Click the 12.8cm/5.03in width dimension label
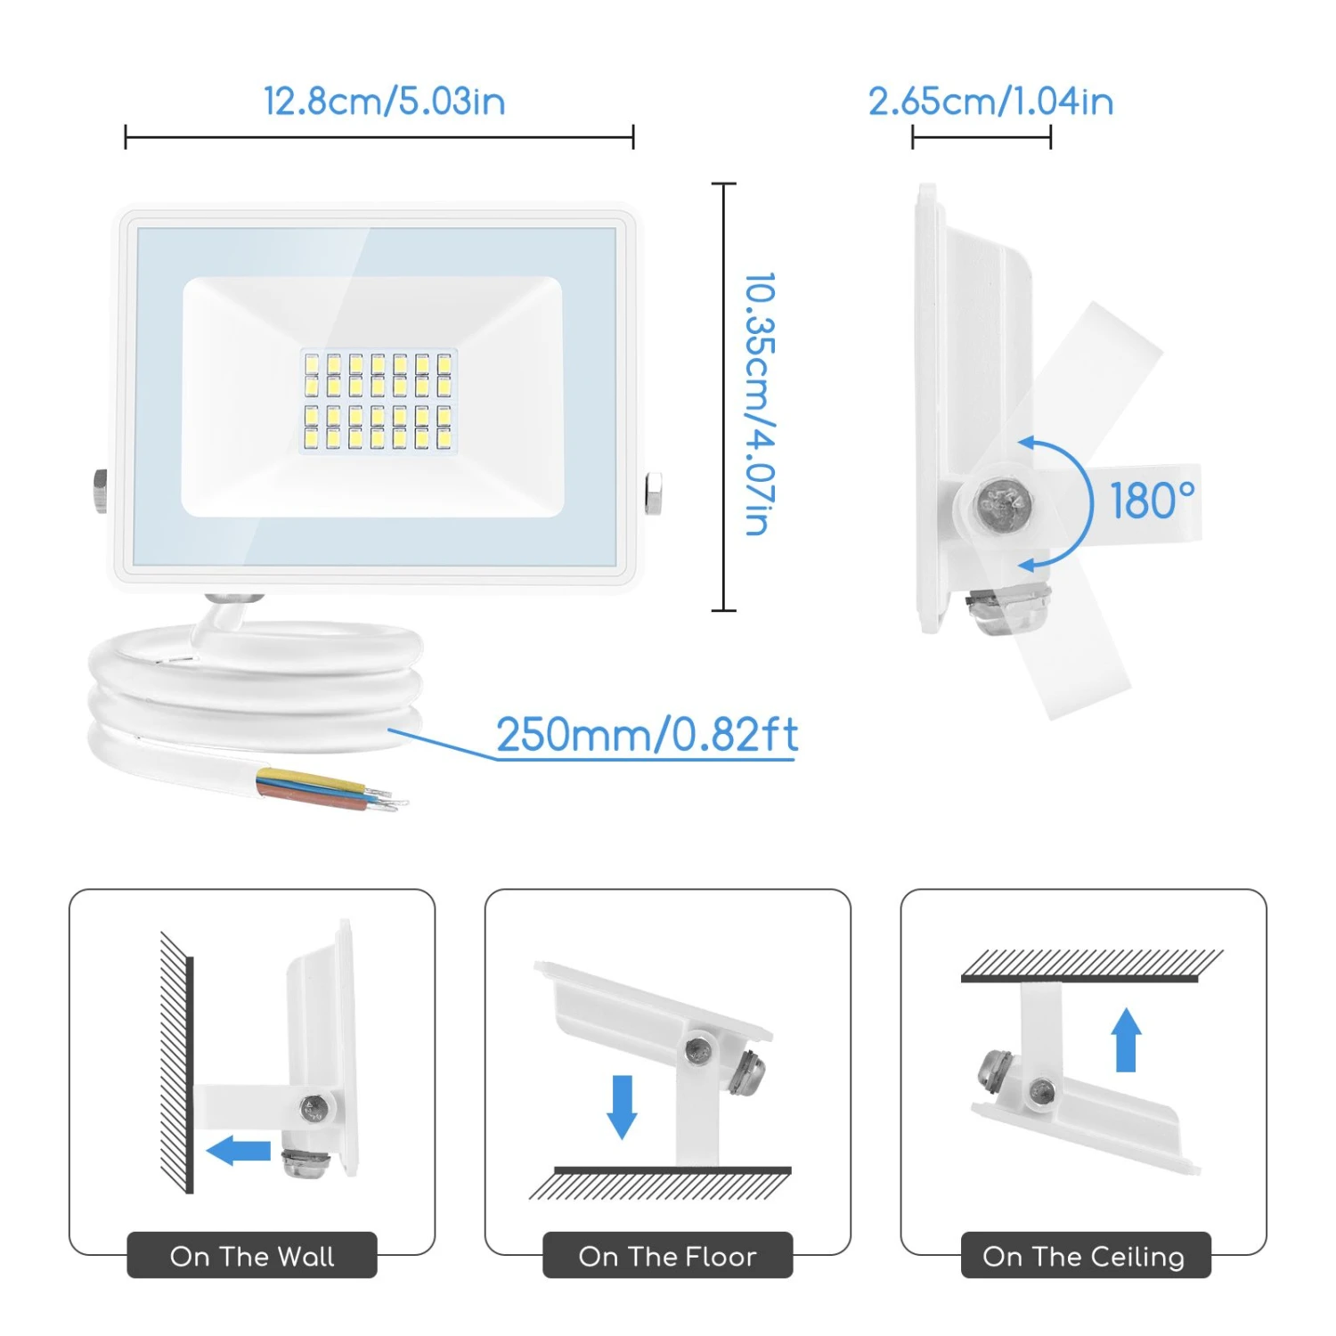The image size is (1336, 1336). [x=385, y=102]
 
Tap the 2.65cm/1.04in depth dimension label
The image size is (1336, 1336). [x=990, y=102]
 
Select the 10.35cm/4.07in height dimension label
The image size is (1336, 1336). [x=759, y=403]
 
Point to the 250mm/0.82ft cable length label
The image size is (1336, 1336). [x=647, y=735]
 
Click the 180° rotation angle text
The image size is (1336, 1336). [x=1153, y=501]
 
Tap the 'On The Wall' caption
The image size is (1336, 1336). [x=252, y=1256]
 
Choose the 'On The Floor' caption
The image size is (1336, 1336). [x=667, y=1256]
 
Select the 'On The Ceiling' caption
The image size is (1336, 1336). [x=1084, y=1256]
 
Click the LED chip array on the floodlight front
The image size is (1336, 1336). [x=378, y=400]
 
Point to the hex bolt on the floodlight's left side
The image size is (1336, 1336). [x=101, y=491]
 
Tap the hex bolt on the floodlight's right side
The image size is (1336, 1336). [x=653, y=494]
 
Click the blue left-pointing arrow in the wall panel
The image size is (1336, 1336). [x=239, y=1151]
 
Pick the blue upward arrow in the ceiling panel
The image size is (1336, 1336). [x=1127, y=1039]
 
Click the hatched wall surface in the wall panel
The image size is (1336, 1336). [x=177, y=1063]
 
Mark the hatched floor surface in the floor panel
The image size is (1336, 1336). [x=660, y=1183]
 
